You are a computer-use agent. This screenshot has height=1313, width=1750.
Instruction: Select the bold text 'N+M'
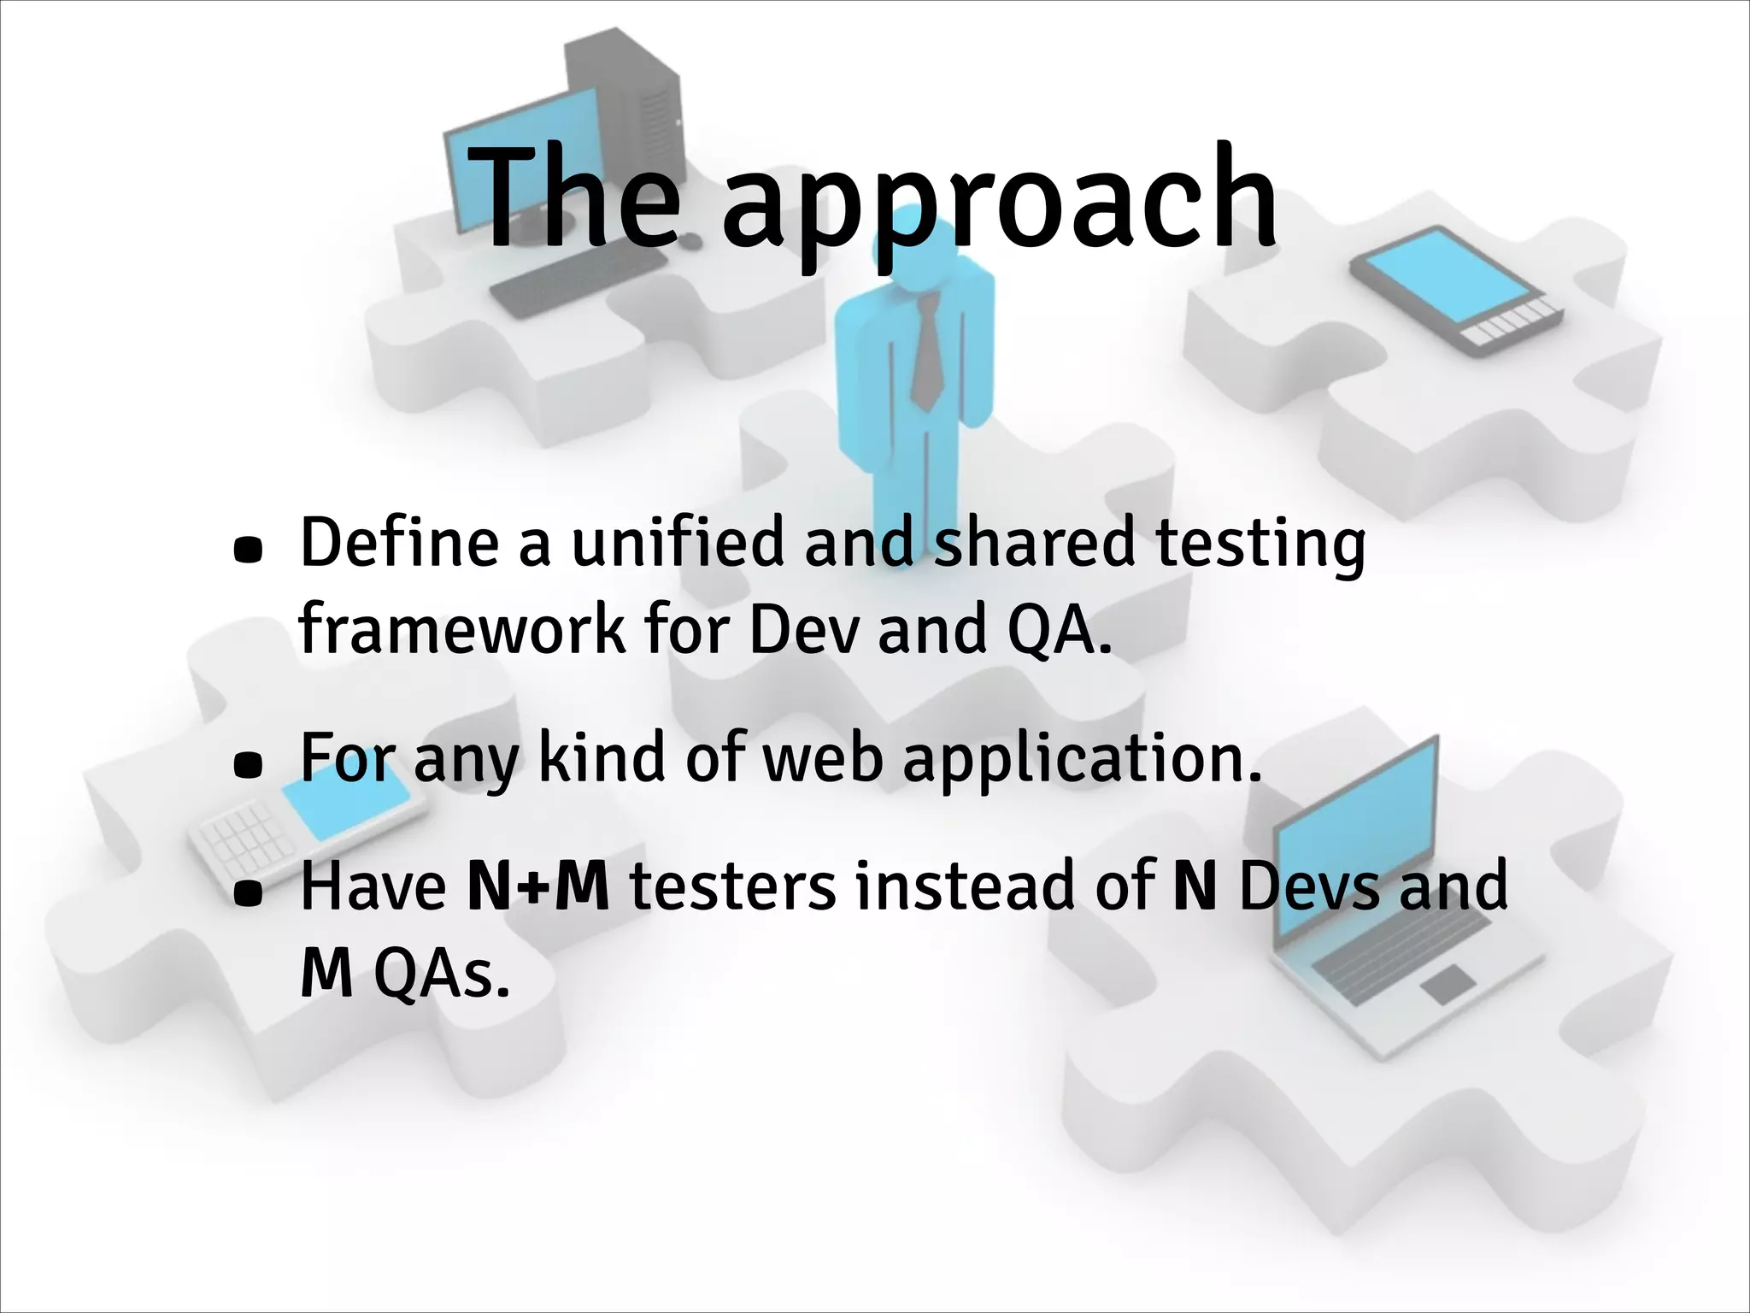click(539, 887)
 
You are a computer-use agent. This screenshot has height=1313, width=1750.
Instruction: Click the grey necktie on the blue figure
click(927, 350)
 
